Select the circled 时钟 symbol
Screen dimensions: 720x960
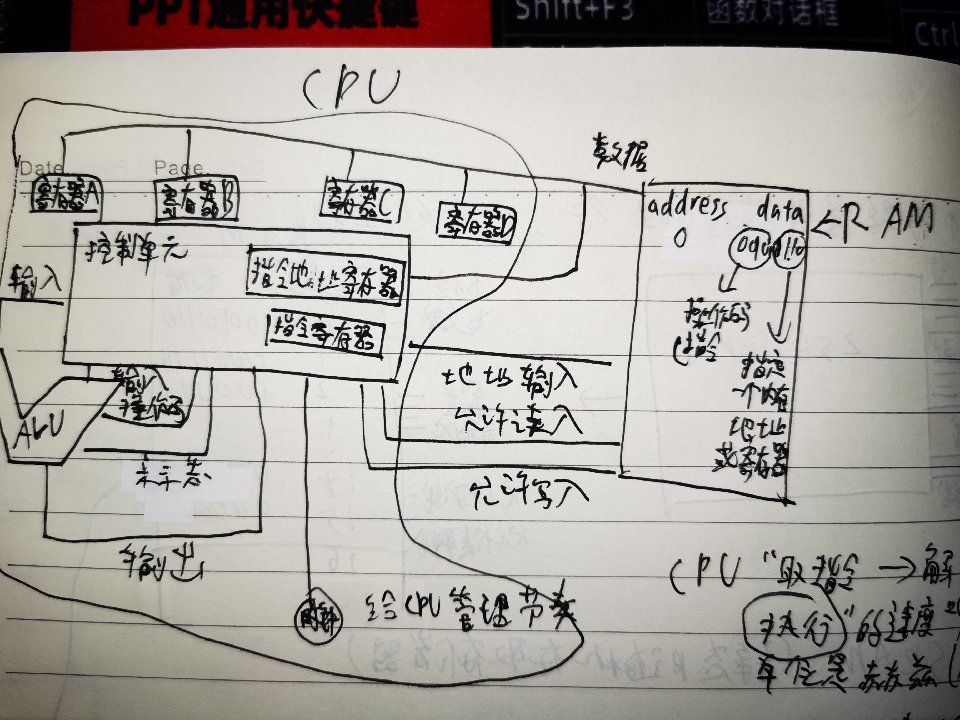[318, 618]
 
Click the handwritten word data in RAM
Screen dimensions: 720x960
[780, 212]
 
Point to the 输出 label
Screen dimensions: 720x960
[162, 563]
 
